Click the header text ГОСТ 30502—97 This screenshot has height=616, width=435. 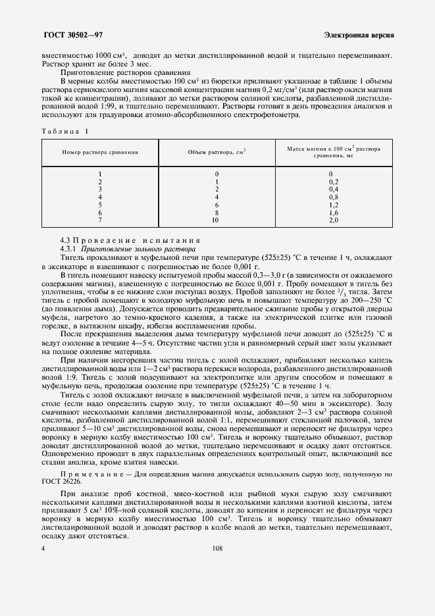pos(69,34)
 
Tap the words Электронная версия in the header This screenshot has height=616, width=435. pos(359,34)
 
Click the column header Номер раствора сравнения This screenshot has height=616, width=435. pos(99,151)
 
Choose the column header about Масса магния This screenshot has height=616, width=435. pos(333,153)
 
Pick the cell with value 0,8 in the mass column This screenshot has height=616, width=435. pos(333,197)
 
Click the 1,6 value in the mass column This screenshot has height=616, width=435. pos(333,213)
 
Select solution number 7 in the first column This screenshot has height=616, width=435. pos(99,220)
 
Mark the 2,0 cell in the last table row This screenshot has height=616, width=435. pos(333,220)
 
